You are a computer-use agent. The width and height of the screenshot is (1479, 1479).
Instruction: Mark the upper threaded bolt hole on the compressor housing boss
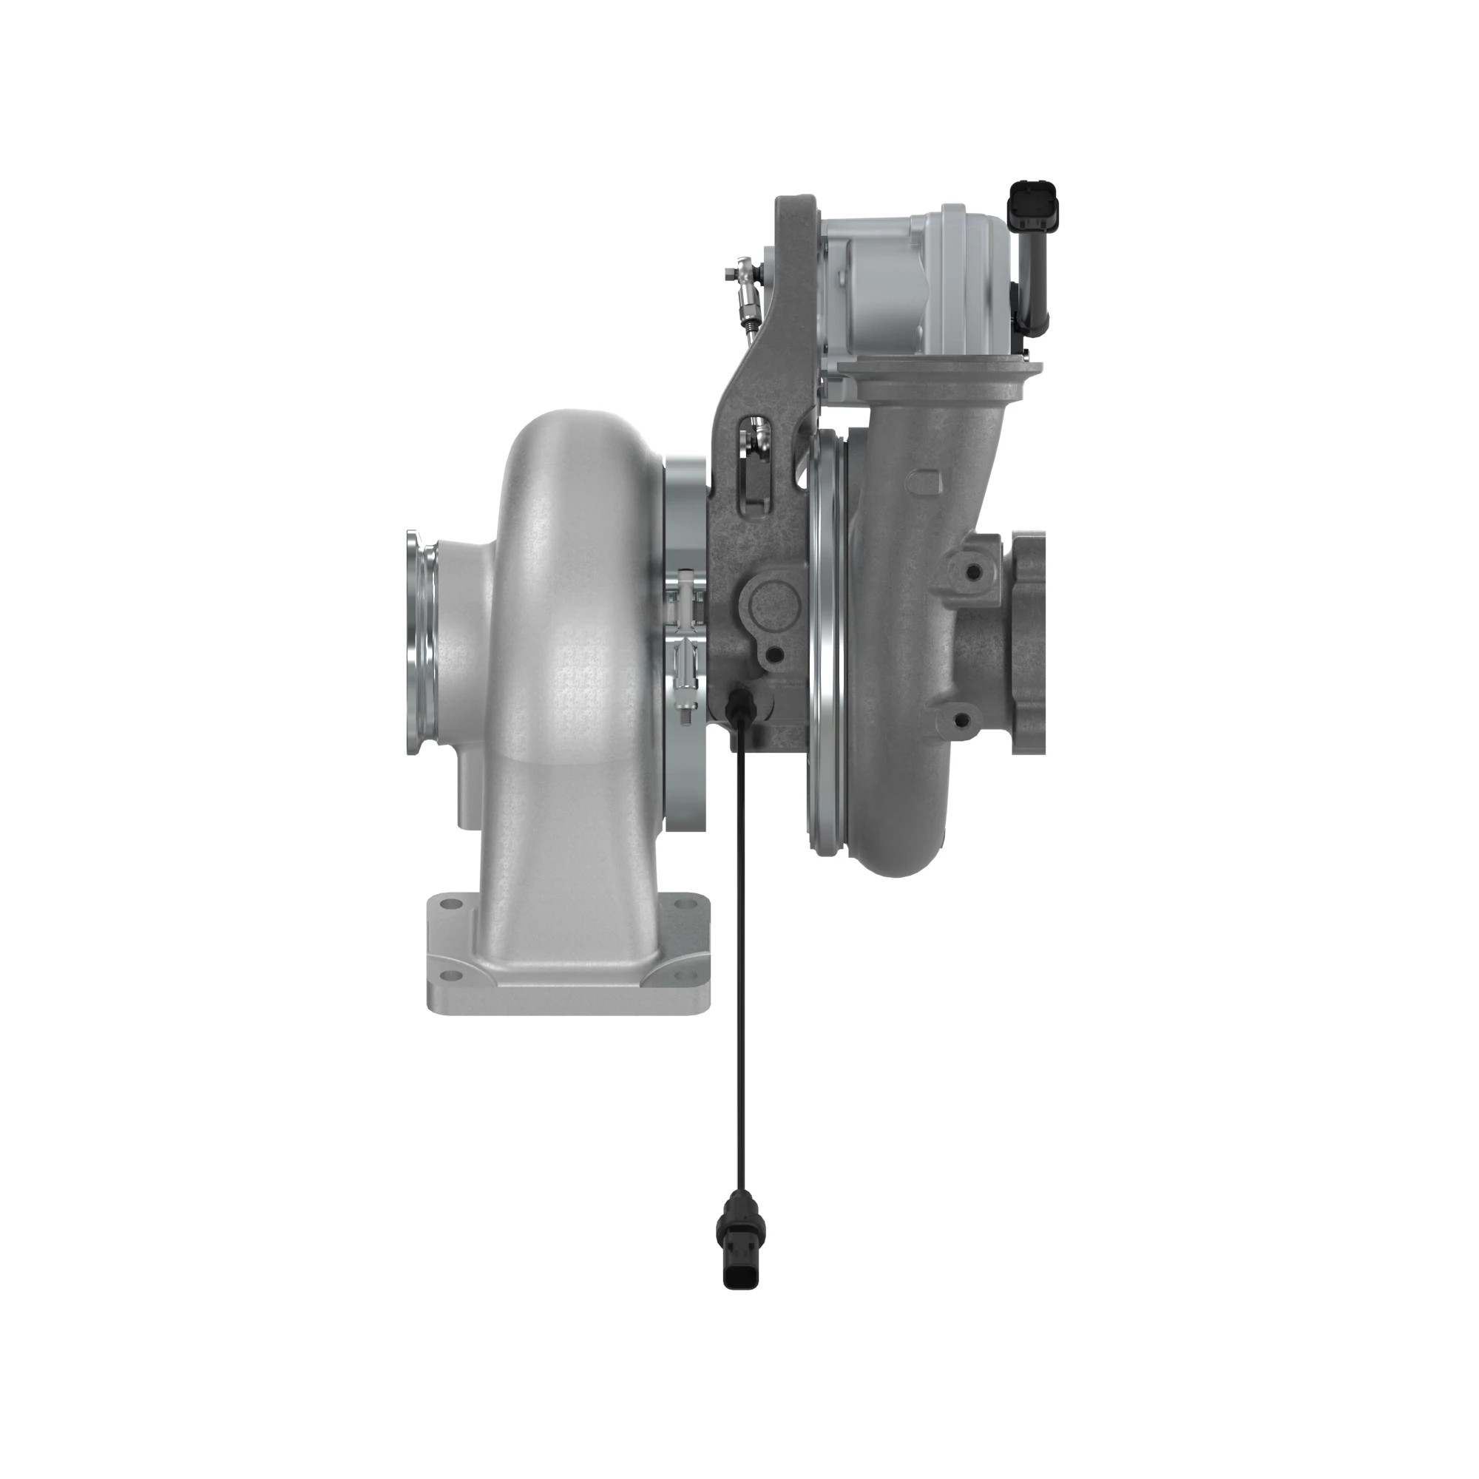[973, 572]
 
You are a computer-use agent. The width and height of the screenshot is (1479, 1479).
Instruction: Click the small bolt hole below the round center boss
[774, 654]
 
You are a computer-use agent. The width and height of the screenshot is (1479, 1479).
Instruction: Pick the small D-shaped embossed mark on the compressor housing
[920, 483]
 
